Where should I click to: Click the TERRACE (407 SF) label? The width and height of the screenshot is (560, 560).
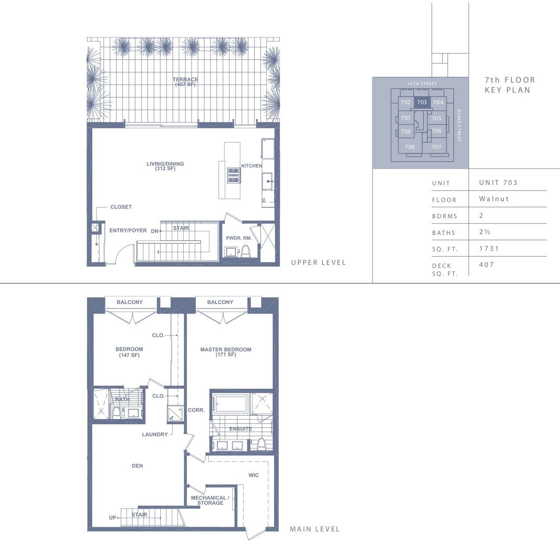point(185,82)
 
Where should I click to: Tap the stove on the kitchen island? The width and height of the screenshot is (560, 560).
point(233,175)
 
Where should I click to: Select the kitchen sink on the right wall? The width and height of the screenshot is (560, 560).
point(267,181)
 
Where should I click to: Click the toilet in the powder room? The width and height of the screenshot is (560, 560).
point(246,251)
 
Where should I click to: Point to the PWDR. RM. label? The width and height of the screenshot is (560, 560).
point(239,238)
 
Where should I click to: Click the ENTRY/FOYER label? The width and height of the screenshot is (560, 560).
point(128,231)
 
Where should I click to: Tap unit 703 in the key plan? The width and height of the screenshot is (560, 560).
point(422,102)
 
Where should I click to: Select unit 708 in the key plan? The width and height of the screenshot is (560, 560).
point(410,147)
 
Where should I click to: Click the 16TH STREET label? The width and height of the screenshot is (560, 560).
point(422,84)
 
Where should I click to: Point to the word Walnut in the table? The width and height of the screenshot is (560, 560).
point(494,199)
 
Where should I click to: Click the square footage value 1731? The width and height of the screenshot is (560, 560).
point(489,249)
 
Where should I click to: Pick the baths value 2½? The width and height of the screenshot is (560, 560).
point(484,232)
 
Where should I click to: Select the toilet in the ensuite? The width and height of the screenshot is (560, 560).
point(261,444)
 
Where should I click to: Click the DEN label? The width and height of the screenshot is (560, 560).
point(137,466)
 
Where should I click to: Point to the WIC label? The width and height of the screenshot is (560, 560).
point(253,475)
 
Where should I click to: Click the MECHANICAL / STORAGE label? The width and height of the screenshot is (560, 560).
point(210,500)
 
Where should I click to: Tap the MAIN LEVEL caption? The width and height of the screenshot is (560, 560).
point(315,529)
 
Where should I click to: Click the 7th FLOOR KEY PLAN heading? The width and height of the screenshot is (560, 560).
point(510,85)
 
